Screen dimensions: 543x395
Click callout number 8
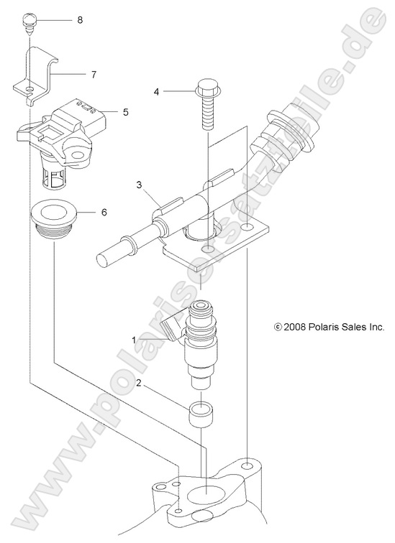coord(80,20)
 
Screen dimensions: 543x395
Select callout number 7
coord(94,74)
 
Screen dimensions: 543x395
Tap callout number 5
coord(125,112)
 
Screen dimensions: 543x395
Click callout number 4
coord(156,92)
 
